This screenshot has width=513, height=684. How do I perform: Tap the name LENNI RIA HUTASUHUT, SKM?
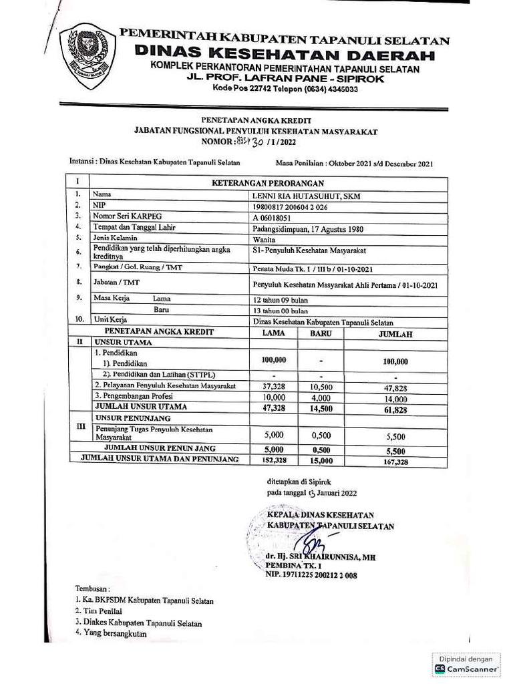coord(297,194)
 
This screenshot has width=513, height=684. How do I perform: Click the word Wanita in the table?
coord(265,238)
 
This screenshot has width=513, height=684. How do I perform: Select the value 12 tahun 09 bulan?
coord(281,300)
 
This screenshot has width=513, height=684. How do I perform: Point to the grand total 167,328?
coord(394,461)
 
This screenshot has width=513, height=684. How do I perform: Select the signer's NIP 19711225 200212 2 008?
coord(311,574)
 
